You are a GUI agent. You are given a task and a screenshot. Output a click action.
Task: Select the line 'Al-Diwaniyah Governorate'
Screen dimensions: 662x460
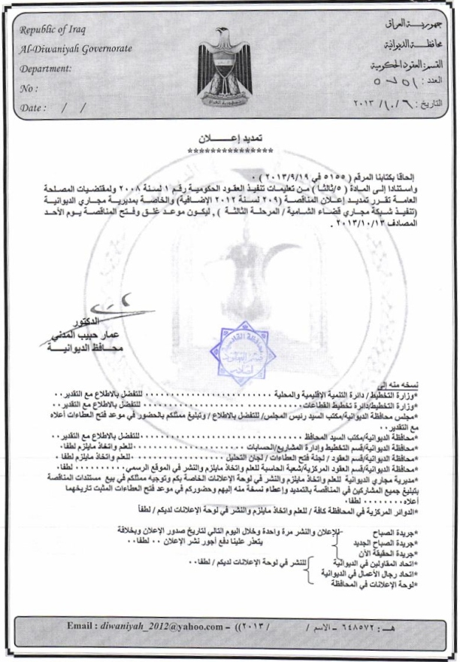click(x=77, y=49)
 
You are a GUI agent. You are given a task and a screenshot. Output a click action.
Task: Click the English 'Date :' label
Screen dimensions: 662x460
click(x=34, y=108)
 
